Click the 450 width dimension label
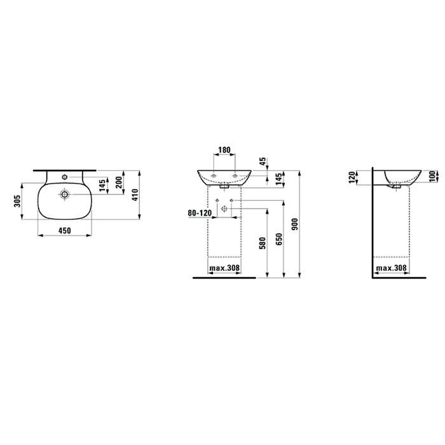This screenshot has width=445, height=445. pos(65,231)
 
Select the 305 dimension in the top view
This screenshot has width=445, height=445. pos(18,201)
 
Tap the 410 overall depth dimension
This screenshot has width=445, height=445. pos(135,195)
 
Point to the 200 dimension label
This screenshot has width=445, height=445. pos(119,182)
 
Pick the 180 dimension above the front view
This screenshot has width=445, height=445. pos(224,150)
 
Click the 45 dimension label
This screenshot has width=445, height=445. pos(263,161)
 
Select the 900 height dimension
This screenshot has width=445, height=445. pos(295,224)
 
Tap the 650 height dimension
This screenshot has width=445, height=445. pos(279,239)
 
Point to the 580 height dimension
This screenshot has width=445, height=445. pos(262,243)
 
